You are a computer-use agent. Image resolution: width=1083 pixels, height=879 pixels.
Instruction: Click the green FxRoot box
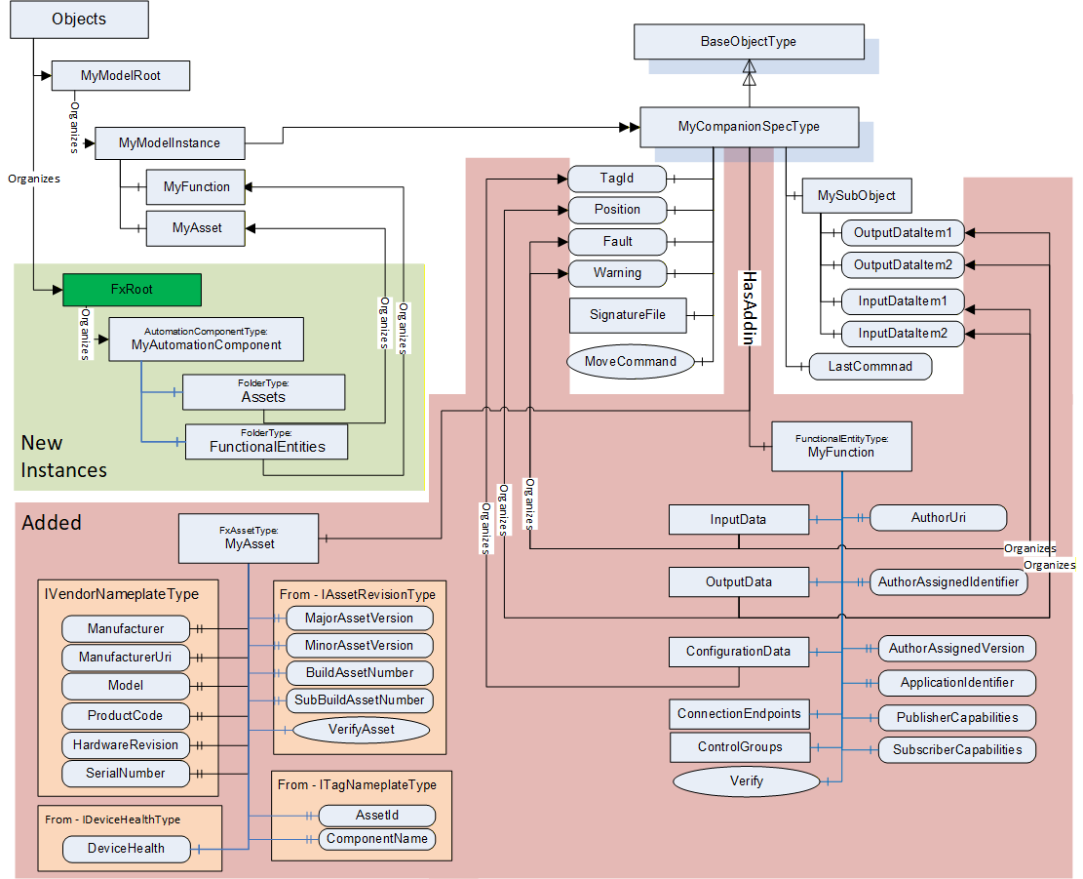132,290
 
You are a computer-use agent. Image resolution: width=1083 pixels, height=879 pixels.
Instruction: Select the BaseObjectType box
749,41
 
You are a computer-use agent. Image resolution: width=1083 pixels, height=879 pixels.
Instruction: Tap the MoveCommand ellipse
630,361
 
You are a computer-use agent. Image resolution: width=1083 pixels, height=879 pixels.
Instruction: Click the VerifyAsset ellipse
362,729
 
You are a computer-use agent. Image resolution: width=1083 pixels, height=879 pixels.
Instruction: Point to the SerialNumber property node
126,774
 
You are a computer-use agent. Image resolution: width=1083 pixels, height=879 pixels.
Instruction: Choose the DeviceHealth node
127,849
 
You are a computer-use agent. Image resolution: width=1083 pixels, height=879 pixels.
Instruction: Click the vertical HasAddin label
750,307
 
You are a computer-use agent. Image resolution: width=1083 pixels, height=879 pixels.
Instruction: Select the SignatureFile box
628,315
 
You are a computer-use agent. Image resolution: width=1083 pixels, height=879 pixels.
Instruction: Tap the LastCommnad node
870,366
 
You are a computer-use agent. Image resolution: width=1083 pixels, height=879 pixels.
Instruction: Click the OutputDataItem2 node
903,264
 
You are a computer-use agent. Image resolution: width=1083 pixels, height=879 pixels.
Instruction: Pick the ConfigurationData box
738,652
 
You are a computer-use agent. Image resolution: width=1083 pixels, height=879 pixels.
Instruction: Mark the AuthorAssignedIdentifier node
948,581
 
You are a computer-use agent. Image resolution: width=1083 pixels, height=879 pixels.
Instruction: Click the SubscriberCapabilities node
957,750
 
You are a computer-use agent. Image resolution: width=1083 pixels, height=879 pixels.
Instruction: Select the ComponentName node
377,839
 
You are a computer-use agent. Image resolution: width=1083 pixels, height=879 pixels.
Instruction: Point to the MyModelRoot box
121,75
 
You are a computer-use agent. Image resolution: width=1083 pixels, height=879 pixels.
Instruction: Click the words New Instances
64,457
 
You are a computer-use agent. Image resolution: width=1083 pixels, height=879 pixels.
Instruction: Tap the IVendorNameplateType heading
122,594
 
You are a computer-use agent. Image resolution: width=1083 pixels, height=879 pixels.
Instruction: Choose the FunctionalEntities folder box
266,442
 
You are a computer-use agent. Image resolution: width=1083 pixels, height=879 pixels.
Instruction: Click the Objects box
79,20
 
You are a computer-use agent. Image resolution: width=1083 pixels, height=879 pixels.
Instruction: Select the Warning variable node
617,273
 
